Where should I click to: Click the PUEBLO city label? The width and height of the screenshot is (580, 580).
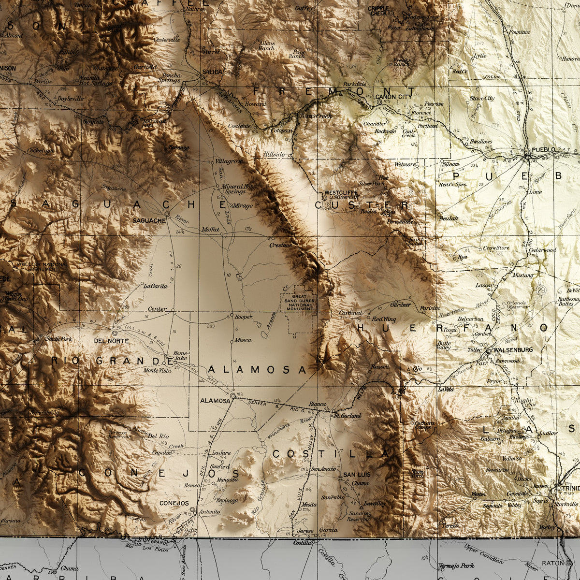pyautogui.click(x=543, y=149)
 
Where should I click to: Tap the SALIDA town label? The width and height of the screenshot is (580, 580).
pyautogui.click(x=213, y=72)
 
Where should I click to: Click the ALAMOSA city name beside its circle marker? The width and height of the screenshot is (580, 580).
pyautogui.click(x=215, y=401)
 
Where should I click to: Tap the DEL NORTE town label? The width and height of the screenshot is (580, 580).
pyautogui.click(x=112, y=341)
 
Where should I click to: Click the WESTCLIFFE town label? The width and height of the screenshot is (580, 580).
pyautogui.click(x=341, y=192)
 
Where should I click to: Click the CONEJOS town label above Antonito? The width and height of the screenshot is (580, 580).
pyautogui.click(x=174, y=503)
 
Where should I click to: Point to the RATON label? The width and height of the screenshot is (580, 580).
pyautogui.click(x=553, y=563)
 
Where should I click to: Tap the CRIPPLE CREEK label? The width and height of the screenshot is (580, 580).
pyautogui.click(x=378, y=11)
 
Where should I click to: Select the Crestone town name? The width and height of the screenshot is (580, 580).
pyautogui.click(x=281, y=246)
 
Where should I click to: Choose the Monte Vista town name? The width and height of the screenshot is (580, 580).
pyautogui.click(x=157, y=371)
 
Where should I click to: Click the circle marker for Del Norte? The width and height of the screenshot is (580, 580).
pyautogui.click(x=115, y=333)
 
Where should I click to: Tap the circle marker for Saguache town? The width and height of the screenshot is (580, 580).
pyautogui.click(x=167, y=214)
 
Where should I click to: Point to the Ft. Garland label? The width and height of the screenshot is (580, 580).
pyautogui.click(x=348, y=416)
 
